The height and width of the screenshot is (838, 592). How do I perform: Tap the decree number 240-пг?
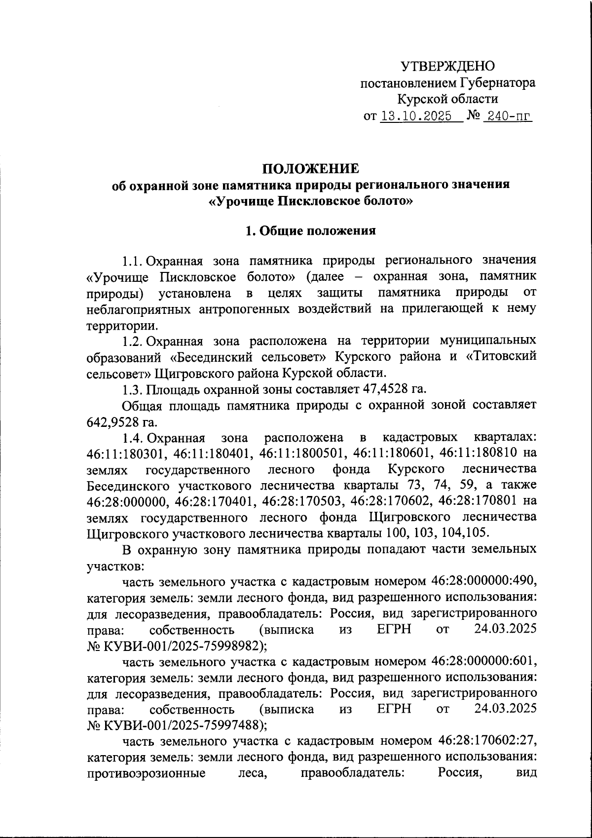[x=508, y=116]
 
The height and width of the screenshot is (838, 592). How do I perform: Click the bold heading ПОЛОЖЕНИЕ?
[x=310, y=169]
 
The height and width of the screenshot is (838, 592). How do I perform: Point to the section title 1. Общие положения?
[x=311, y=231]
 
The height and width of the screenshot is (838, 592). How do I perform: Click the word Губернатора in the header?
[x=498, y=83]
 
